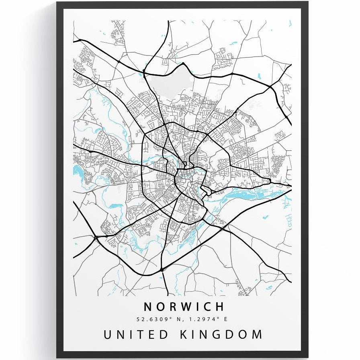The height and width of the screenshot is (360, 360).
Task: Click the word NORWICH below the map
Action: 184,307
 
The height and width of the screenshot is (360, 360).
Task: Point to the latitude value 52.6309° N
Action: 157,319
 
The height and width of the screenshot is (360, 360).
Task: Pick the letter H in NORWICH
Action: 219,307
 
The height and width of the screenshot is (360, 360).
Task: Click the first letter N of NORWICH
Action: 148,307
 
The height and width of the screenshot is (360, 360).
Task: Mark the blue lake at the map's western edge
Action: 77,172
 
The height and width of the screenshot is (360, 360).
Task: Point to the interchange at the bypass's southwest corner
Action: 96,238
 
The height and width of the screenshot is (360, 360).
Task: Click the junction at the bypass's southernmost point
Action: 161,269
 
